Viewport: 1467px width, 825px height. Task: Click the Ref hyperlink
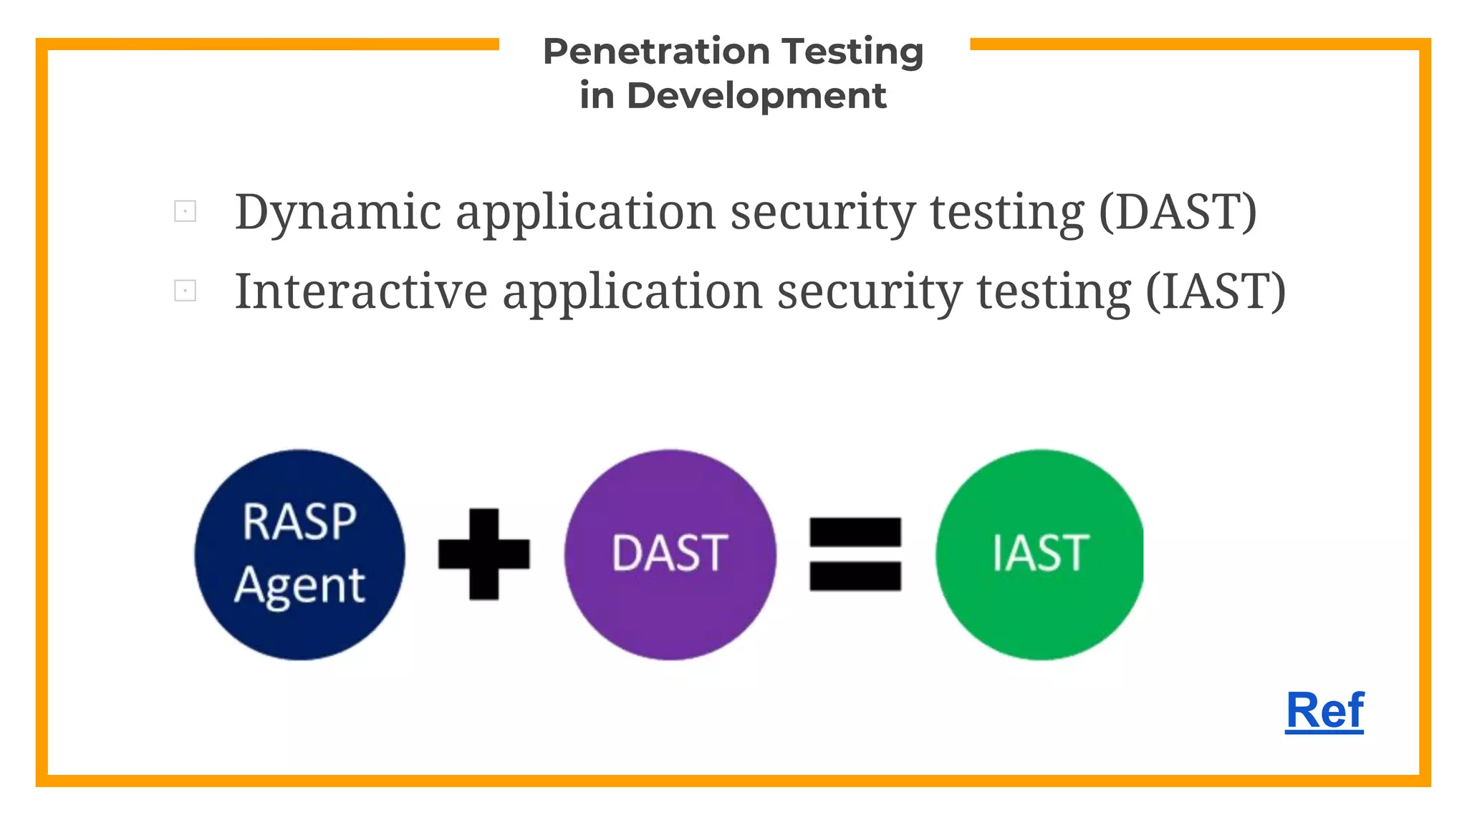[1324, 710]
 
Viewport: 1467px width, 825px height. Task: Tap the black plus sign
[484, 554]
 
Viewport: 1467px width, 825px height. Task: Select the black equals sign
[855, 554]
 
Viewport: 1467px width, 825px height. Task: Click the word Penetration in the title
[656, 52]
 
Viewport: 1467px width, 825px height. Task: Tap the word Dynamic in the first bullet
[338, 213]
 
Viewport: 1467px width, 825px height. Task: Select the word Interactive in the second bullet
[361, 292]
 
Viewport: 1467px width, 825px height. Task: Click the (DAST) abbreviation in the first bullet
[1178, 213]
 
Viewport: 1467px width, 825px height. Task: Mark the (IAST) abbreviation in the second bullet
[1216, 292]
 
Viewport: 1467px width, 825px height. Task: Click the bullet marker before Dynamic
[185, 211]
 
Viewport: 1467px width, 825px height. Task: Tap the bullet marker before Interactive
[185, 291]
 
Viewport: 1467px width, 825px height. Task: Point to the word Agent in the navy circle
[299, 586]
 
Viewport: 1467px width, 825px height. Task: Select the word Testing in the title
[852, 52]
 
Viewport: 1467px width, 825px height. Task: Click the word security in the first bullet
[822, 213]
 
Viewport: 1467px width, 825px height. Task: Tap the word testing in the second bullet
[1054, 292]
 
